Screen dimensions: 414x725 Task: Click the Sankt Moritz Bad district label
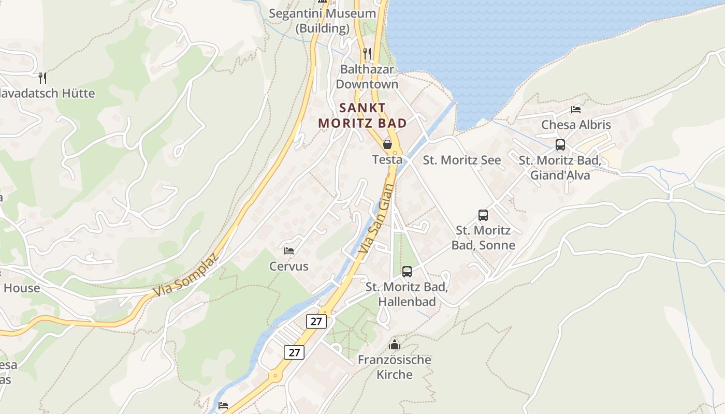tap(362, 115)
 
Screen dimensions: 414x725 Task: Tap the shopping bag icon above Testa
tap(387, 144)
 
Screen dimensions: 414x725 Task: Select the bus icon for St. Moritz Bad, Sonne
tap(483, 215)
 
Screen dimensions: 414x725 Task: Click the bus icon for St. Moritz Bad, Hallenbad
tap(407, 271)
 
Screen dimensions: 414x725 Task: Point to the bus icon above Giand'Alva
tap(560, 145)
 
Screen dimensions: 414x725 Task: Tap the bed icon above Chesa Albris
tap(575, 109)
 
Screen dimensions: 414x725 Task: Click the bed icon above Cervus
tap(289, 251)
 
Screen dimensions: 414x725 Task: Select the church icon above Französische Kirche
tap(395, 344)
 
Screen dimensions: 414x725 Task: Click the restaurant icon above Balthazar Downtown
tap(367, 53)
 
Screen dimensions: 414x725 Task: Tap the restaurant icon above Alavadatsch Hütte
tap(42, 78)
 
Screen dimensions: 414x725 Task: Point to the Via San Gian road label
tap(376, 219)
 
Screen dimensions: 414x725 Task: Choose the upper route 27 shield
tap(316, 321)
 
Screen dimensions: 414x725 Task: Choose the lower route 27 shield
tap(294, 352)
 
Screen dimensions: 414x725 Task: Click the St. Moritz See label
tap(462, 160)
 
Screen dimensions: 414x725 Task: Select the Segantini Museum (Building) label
tap(322, 21)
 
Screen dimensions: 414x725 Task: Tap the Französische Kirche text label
tap(395, 367)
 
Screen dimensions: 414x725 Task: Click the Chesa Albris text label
tap(576, 125)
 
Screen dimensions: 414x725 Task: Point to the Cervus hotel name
tap(288, 267)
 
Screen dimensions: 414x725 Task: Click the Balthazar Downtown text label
tap(367, 77)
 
